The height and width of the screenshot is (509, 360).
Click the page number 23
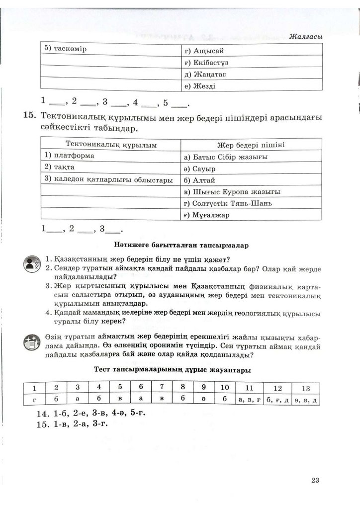pyautogui.click(x=314, y=480)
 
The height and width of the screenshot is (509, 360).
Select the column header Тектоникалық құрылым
pyautogui.click(x=111, y=145)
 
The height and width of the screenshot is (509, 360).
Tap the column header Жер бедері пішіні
pyautogui.click(x=251, y=145)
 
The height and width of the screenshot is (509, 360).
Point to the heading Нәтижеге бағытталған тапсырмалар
pyautogui.click(x=180, y=245)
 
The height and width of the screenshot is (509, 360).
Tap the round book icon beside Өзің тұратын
pyautogui.click(x=33, y=342)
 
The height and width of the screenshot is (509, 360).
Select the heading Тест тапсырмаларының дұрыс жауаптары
pyautogui.click(x=172, y=370)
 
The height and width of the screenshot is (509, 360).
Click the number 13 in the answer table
pyautogui.click(x=305, y=388)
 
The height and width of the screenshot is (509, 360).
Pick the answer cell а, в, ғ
pyautogui.click(x=249, y=399)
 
